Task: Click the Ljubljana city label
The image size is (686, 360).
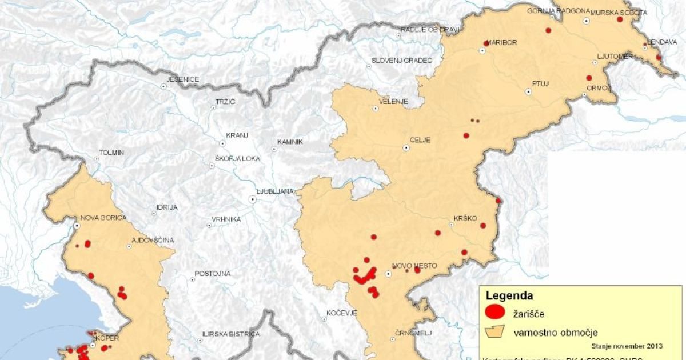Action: point(275,191)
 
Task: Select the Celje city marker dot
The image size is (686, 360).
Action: point(406,147)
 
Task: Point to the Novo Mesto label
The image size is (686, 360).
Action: point(414,266)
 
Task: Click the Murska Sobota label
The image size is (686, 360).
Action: point(619,12)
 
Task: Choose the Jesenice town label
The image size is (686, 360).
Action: point(182,79)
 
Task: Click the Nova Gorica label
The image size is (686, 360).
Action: point(103,217)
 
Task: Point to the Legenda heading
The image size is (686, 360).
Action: point(509,296)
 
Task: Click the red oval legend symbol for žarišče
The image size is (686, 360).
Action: point(494,312)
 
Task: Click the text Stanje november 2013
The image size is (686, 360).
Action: point(627,346)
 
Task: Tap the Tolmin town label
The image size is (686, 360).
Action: point(111,153)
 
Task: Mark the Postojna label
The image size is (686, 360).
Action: point(213,273)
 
